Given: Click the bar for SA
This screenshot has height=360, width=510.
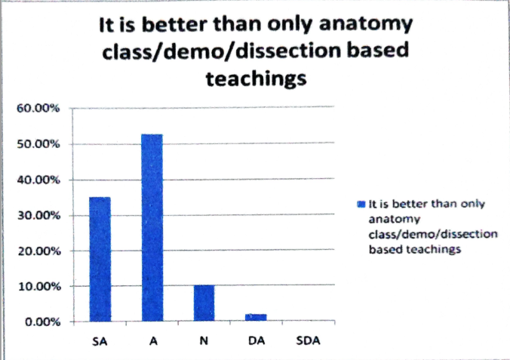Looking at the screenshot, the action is (x=100, y=259).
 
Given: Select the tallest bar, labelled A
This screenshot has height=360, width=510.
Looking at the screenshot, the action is (x=152, y=227).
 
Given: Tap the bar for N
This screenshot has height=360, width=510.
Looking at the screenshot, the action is (x=204, y=303).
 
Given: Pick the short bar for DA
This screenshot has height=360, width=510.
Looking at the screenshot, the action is (x=256, y=318).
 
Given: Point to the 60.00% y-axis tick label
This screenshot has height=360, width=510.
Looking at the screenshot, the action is (x=38, y=108).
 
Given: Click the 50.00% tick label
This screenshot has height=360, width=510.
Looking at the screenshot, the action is (x=38, y=144).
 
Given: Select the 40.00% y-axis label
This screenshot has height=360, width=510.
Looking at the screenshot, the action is (x=38, y=180).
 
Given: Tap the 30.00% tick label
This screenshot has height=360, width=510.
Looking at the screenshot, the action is (x=38, y=216).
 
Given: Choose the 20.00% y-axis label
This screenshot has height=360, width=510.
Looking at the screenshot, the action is (x=39, y=251).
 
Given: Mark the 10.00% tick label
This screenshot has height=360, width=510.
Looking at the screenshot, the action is (x=40, y=287).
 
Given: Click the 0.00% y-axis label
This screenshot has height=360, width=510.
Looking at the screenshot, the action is (x=42, y=322).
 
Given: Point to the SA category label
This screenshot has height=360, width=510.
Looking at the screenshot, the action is (x=100, y=341).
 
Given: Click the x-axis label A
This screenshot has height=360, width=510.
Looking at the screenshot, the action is (x=153, y=341).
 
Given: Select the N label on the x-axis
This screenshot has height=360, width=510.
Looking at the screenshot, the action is (x=204, y=341).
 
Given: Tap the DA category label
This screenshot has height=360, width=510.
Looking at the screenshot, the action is (x=257, y=341).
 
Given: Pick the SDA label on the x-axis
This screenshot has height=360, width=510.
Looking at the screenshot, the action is (x=308, y=341).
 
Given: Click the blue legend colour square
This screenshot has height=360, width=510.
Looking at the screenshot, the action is (x=361, y=204).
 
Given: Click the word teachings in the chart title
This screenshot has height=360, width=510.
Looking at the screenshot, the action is (x=257, y=79).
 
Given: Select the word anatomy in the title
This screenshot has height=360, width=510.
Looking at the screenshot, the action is (x=366, y=25).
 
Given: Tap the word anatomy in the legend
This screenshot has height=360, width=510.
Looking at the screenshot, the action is (x=395, y=220).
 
